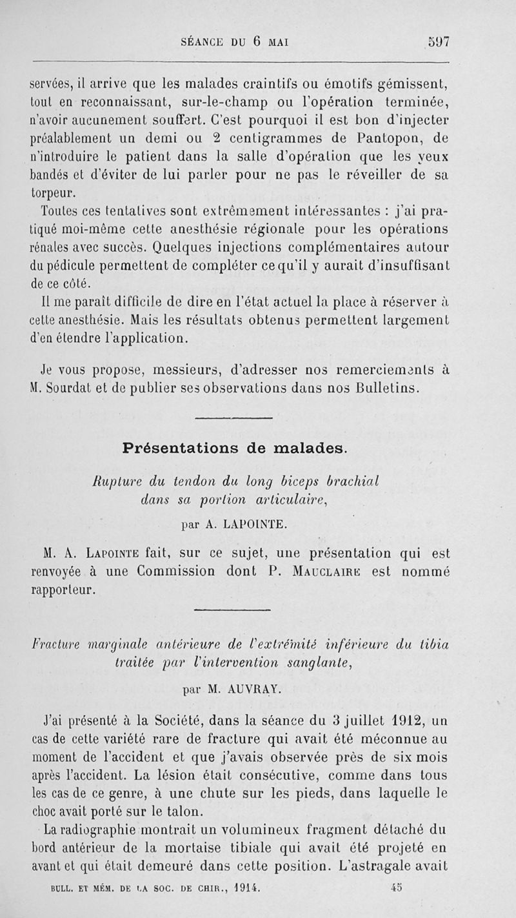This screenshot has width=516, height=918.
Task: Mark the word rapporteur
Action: (64, 590)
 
